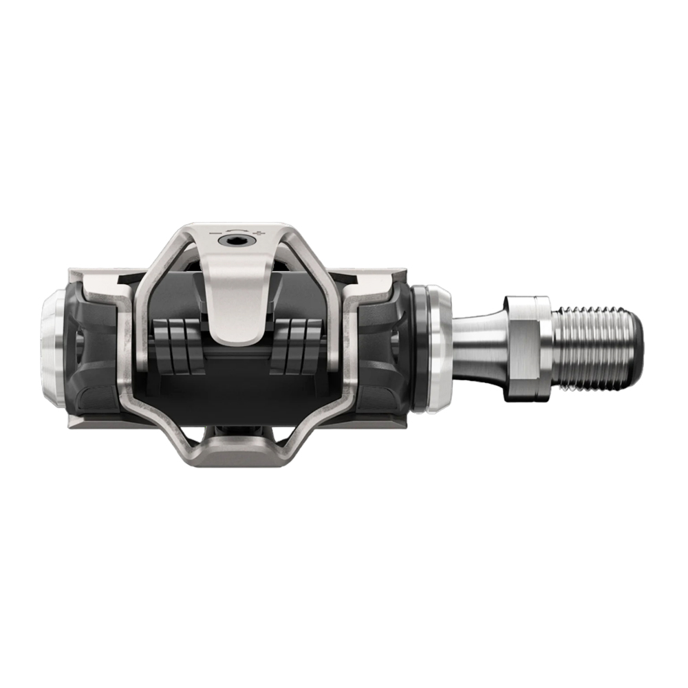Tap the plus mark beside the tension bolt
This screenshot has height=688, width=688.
click(259, 234)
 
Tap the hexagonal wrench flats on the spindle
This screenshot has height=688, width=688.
click(526, 347)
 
